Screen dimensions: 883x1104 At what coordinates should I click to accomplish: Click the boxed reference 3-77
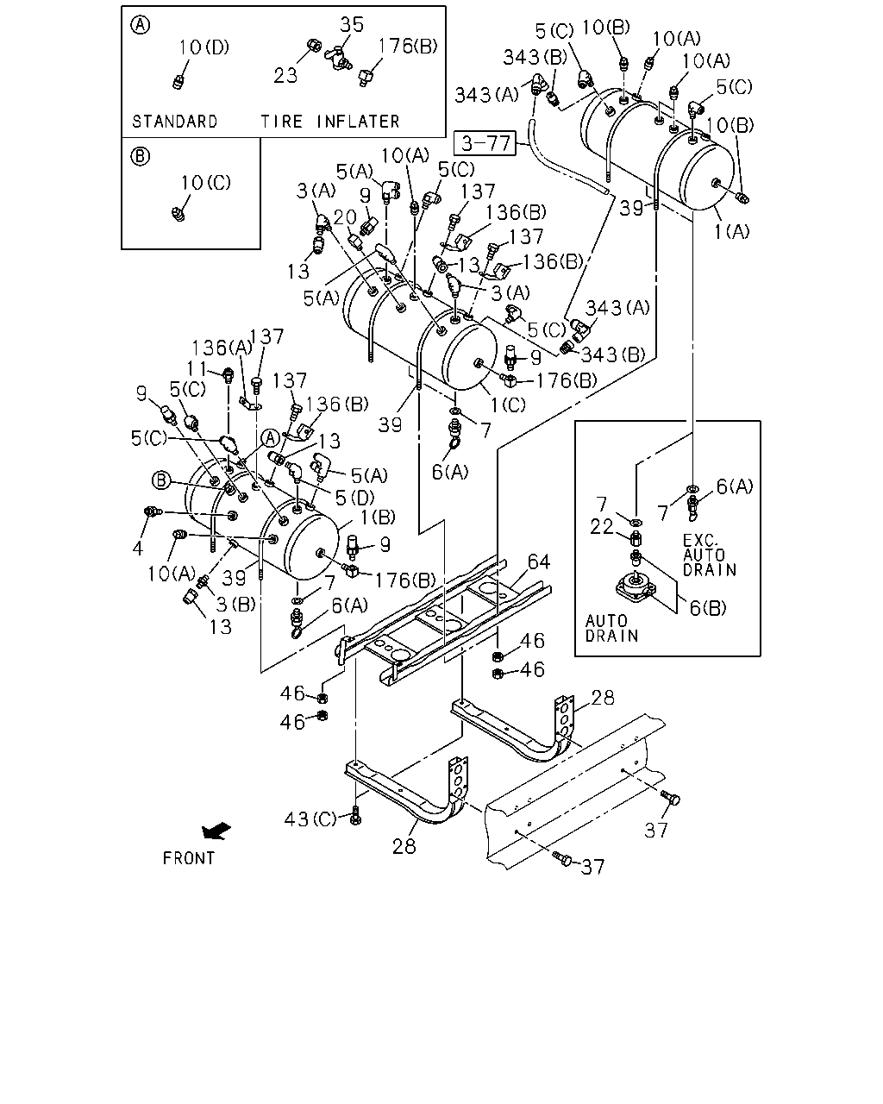[x=485, y=143]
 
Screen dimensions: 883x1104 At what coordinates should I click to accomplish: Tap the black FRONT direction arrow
[x=216, y=831]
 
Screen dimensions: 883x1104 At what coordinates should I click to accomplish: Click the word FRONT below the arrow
[x=189, y=858]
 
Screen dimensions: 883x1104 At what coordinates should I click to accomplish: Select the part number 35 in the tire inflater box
[x=352, y=24]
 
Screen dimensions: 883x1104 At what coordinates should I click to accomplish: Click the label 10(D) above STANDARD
[x=204, y=47]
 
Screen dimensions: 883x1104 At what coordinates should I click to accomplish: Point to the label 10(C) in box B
[x=206, y=182]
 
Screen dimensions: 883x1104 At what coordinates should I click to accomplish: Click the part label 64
[x=539, y=562]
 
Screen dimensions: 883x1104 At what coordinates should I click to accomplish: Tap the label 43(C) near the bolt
[x=310, y=819]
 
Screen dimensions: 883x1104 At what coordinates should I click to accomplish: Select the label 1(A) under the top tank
[x=731, y=232]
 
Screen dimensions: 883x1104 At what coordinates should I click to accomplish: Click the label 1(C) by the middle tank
[x=508, y=405]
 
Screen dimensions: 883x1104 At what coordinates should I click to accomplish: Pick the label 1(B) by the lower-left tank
[x=378, y=517]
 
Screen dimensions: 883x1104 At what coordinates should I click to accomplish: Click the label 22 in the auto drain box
[x=601, y=527]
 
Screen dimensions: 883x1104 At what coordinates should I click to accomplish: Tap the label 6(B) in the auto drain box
[x=708, y=608]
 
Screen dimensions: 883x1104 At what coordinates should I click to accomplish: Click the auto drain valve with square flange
[x=636, y=587]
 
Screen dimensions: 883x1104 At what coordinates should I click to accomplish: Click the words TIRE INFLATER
[x=330, y=122]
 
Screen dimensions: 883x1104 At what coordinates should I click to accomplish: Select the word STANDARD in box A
[x=175, y=122]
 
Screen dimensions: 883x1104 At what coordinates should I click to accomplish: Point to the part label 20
[x=345, y=217]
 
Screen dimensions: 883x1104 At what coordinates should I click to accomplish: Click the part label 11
[x=197, y=368]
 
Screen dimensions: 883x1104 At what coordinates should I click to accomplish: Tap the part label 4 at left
[x=137, y=549]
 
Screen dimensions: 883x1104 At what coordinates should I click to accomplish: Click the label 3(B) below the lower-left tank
[x=235, y=605]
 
